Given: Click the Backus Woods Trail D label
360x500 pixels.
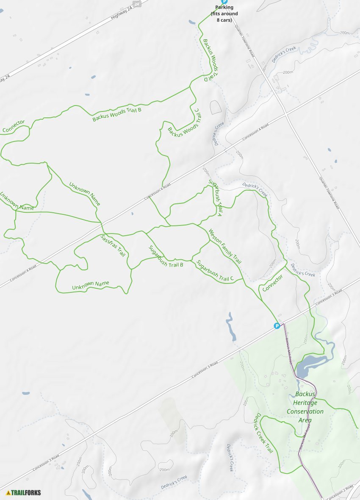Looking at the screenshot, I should (x=211, y=60).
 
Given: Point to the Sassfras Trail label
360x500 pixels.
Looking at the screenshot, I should (x=113, y=246).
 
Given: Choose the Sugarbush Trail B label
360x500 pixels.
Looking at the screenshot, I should (x=166, y=256).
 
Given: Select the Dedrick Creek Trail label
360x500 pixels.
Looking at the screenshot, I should (x=263, y=433).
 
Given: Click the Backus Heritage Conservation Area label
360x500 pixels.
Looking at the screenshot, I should (x=305, y=407).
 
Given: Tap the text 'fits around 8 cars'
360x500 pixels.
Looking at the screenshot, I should (x=224, y=17).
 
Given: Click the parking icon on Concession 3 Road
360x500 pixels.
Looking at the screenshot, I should (x=277, y=326).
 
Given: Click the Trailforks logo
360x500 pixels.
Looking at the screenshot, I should (x=24, y=492).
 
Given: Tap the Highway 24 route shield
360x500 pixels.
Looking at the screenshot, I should (x=136, y=4).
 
